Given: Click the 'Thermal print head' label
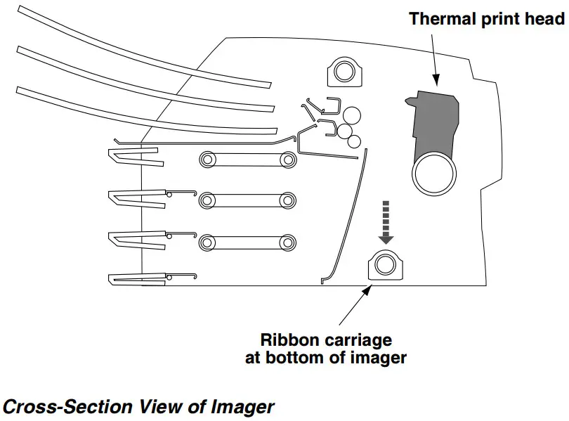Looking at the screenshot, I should [x=486, y=18].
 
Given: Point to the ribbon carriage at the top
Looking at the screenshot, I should [x=344, y=72].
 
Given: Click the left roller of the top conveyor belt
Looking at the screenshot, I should [x=207, y=160].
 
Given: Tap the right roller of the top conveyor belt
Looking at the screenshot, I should [x=287, y=160].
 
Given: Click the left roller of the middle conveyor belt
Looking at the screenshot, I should [x=207, y=201].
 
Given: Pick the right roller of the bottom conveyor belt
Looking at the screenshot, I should [x=287, y=242].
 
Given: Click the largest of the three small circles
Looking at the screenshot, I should [x=352, y=115].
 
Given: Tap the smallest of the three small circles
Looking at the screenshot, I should [x=355, y=142].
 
